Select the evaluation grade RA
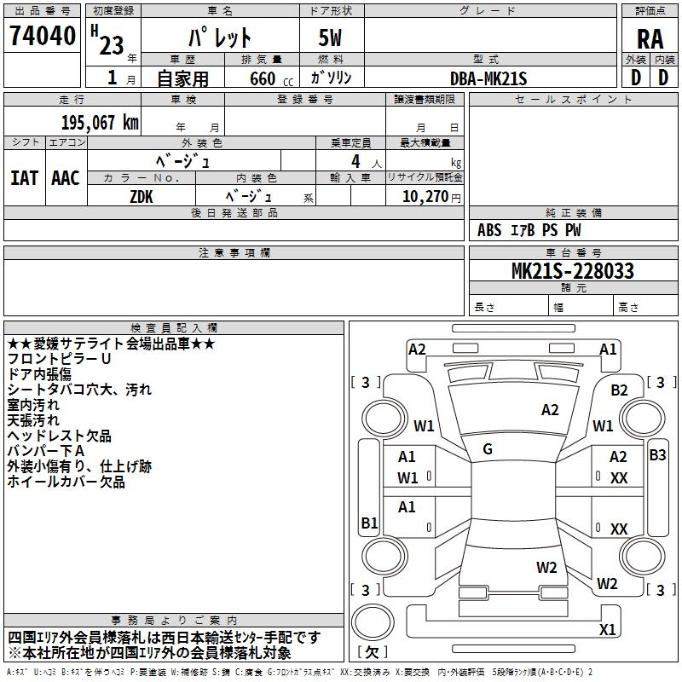pos(650,39)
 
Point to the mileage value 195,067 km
pos(100,123)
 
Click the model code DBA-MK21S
pos(489,78)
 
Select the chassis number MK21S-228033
pos(572,271)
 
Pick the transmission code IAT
pos(24,178)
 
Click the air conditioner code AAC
pos(66,178)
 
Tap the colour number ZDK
pos(142,196)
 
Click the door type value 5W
pos(331,38)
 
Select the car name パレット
pos(219,38)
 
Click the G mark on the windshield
pos(488,448)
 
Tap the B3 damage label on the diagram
pos(657,455)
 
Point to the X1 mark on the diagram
pos(607,630)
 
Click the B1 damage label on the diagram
pos(369,523)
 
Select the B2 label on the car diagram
pos(619,390)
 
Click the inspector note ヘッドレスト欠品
pos(59,436)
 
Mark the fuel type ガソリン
pos(331,78)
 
